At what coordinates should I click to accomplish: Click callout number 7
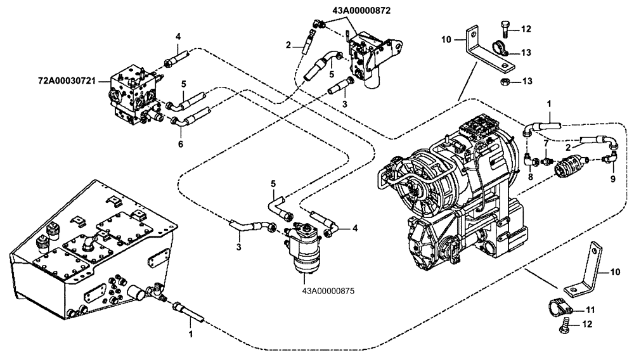(545, 143)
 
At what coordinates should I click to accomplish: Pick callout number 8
(530, 177)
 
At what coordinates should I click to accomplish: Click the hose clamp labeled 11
(558, 307)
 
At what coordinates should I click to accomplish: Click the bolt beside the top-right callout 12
(504, 28)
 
